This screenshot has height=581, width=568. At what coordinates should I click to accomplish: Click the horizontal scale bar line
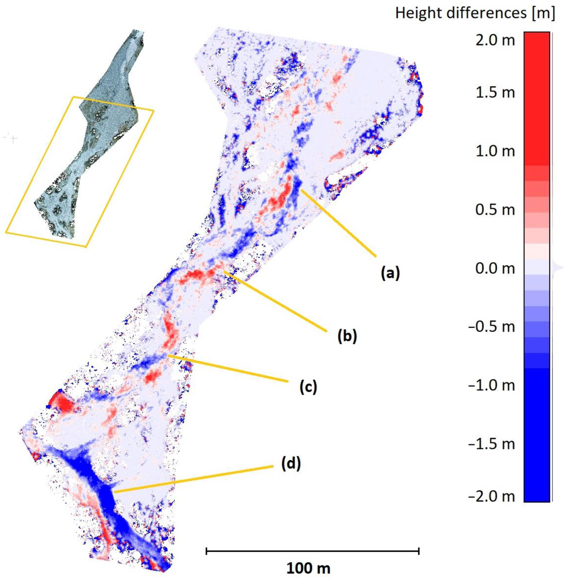[313, 551]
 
